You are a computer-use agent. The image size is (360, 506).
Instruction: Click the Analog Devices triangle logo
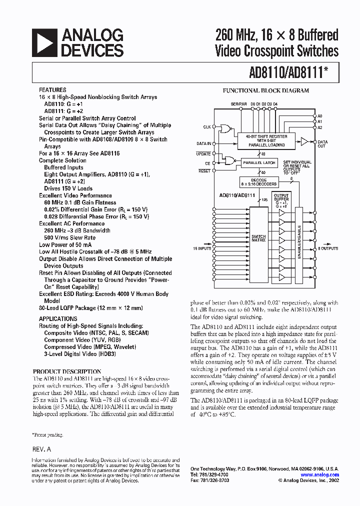(44, 42)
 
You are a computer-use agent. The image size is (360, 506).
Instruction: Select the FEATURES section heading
(52, 90)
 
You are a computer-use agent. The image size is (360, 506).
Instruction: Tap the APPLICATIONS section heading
(58, 318)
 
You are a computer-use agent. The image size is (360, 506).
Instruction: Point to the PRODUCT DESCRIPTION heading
(66, 371)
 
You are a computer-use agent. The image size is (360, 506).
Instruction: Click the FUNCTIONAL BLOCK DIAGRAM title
(265, 90)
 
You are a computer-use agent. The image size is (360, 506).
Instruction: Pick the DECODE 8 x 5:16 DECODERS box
(258, 182)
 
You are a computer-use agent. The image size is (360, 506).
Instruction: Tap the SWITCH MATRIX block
(258, 239)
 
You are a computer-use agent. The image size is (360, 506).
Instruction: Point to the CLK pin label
(206, 127)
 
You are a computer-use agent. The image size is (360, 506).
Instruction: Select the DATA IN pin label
(203, 143)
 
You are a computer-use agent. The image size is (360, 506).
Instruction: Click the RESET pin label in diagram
(204, 171)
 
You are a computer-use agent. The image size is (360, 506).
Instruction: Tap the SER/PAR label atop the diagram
(238, 103)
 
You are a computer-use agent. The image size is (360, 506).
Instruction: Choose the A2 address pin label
(320, 127)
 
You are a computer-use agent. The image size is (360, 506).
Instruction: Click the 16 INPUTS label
(201, 248)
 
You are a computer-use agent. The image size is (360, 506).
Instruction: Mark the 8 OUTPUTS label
(328, 248)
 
